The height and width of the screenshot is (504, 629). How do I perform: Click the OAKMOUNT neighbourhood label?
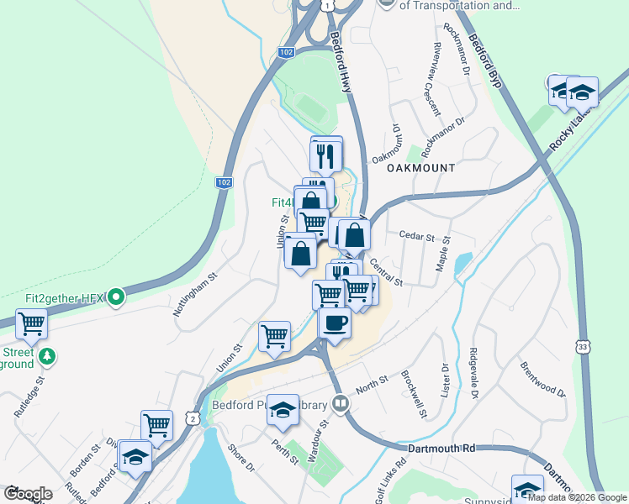tap(420, 168)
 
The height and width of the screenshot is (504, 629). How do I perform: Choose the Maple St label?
tap(443, 252)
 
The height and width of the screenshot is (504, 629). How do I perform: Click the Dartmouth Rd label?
tap(441, 449)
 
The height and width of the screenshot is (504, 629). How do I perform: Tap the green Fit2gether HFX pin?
tap(117, 297)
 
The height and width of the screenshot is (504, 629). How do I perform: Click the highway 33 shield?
tap(582, 346)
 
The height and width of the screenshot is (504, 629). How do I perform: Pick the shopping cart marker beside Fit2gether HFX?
tap(31, 323)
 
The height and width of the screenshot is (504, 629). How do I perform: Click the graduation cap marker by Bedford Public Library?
tap(283, 410)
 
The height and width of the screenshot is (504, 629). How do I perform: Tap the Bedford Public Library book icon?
tap(340, 404)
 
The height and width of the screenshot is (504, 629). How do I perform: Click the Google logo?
tap(28, 494)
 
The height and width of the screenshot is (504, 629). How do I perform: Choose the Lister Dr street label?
tap(445, 381)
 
